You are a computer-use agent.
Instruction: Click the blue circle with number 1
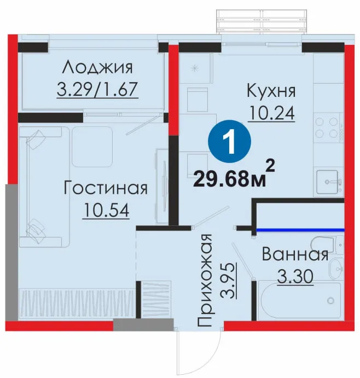[x=229, y=142]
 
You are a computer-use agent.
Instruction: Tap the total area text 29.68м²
[x=234, y=175]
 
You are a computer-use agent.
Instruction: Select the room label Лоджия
[x=97, y=67]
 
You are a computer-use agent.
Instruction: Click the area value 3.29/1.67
[x=97, y=89]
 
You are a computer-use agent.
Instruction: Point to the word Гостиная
[x=106, y=188]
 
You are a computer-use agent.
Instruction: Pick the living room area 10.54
[x=106, y=210]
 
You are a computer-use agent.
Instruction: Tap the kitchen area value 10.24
[x=271, y=113]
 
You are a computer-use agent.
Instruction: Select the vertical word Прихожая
[x=205, y=280]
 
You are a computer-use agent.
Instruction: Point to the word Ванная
[x=295, y=254]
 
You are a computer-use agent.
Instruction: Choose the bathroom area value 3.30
[x=295, y=276]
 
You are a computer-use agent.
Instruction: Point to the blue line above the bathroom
[x=300, y=230]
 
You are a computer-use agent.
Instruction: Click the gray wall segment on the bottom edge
[x=143, y=324]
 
